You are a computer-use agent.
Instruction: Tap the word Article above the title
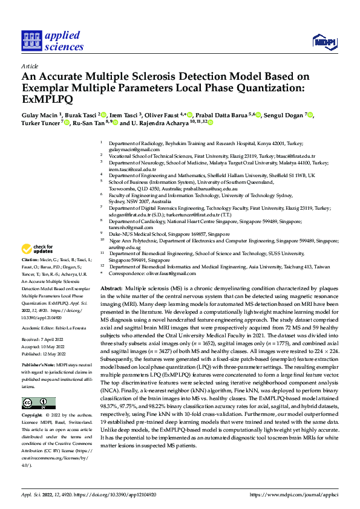pyautogui.click(x=29, y=66)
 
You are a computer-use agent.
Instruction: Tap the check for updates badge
pyautogui.click(x=38, y=250)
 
